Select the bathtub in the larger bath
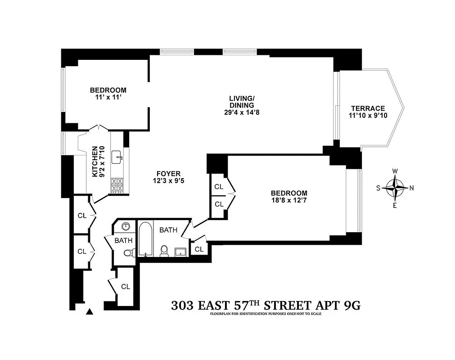pyautogui.click(x=145, y=238)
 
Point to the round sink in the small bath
pyautogui.click(x=126, y=226)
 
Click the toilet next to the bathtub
pyautogui.click(x=164, y=251)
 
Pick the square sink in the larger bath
pyautogui.click(x=181, y=252)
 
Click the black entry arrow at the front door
pyautogui.click(x=90, y=311)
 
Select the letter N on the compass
pyautogui.click(x=411, y=188)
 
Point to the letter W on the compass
pyautogui.click(x=395, y=171)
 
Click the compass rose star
pyautogui.click(x=395, y=188)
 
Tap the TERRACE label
pyautogui.click(x=368, y=108)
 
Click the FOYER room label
pyautogui.click(x=168, y=174)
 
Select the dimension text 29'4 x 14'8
pyautogui.click(x=242, y=112)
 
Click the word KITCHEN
pyautogui.click(x=95, y=161)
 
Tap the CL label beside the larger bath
pyautogui.click(x=199, y=249)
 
